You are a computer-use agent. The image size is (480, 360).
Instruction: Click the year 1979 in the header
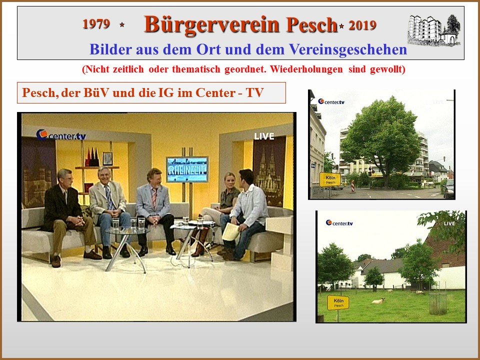(96, 24)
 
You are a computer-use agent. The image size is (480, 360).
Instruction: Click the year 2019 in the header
(362, 25)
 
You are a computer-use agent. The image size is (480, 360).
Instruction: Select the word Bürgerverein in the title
(211, 24)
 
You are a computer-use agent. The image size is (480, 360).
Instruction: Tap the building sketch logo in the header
(434, 29)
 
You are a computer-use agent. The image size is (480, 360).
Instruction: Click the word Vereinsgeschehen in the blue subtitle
(348, 49)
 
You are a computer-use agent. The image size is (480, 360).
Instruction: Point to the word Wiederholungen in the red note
(306, 69)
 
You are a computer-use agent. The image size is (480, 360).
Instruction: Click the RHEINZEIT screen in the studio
(187, 169)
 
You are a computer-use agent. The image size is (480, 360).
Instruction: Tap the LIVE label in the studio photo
(264, 136)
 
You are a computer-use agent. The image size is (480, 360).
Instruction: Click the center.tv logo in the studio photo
(61, 135)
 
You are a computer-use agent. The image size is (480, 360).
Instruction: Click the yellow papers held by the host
(231, 231)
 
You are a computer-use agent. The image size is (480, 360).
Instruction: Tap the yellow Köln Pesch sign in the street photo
(330, 179)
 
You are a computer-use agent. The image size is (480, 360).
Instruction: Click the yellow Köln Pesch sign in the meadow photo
(338, 302)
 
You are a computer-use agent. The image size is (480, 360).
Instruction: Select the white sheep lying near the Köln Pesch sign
(378, 301)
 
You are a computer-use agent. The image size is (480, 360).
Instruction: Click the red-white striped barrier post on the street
(353, 186)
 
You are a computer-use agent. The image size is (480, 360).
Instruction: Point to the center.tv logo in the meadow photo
(339, 223)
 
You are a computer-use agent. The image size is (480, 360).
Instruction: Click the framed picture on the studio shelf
(108, 158)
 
